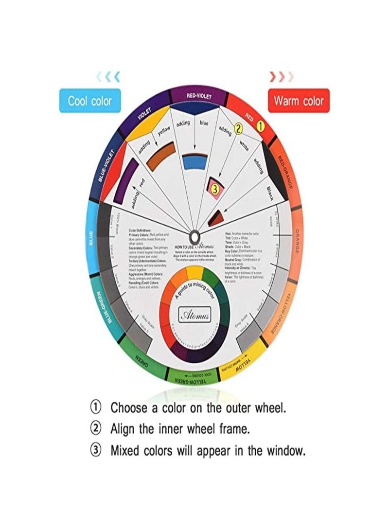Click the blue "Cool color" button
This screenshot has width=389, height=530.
pos(89,101)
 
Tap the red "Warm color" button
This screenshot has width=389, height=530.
pos(299,101)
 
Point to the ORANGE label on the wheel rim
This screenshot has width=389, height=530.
pos(296,240)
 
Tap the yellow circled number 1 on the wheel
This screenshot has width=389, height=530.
pos(261,126)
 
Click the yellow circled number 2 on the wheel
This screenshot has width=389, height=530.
pos(238,128)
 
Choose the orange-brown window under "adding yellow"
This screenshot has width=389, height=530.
pos(160,155)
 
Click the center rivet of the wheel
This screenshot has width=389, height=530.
pos(194,237)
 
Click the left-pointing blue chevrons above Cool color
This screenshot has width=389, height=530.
pos(108,76)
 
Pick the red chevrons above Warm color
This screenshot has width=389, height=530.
pos(282,76)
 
